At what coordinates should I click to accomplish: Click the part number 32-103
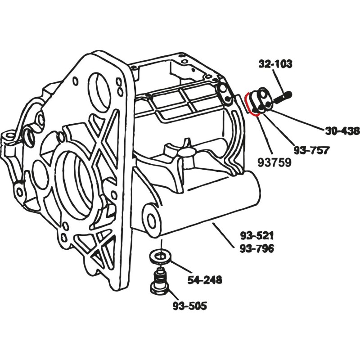[275, 64]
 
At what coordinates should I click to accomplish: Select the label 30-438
[342, 131]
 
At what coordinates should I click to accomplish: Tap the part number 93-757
[310, 149]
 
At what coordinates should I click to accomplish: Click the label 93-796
[257, 248]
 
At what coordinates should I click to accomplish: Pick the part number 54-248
[205, 280]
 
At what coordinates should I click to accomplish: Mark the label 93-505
[190, 306]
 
